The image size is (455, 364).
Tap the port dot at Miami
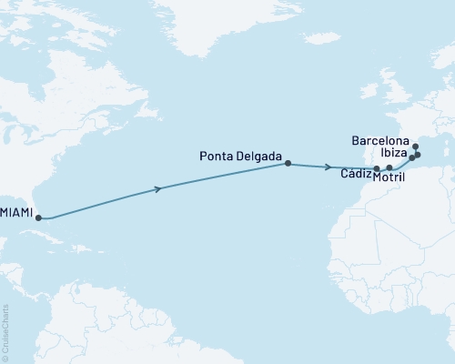(x=39, y=217)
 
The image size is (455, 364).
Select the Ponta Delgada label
(x=240, y=156)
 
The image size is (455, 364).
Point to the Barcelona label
(x=379, y=142)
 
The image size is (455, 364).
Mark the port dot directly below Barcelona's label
(x=415, y=147)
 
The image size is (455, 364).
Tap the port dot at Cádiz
(x=377, y=168)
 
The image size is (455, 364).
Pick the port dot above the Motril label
(x=389, y=168)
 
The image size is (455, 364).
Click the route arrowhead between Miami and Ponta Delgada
(x=161, y=188)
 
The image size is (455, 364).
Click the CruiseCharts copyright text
(x=6, y=333)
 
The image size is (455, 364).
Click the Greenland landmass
(x=227, y=27)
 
